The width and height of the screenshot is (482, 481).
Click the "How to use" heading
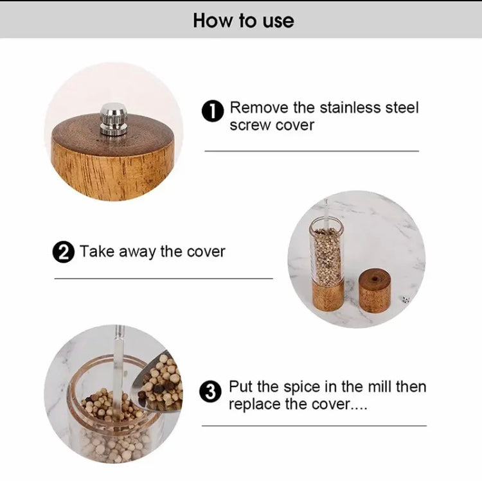[243, 20]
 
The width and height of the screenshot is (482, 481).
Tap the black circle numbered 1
[213, 112]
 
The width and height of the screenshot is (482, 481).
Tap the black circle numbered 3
[210, 392]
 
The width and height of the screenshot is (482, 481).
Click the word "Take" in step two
[96, 251]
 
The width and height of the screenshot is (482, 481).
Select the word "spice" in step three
[305, 387]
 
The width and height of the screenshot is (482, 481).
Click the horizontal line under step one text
[311, 151]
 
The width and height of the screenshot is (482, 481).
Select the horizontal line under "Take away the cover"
[163, 279]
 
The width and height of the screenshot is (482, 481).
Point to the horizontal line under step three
[314, 425]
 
